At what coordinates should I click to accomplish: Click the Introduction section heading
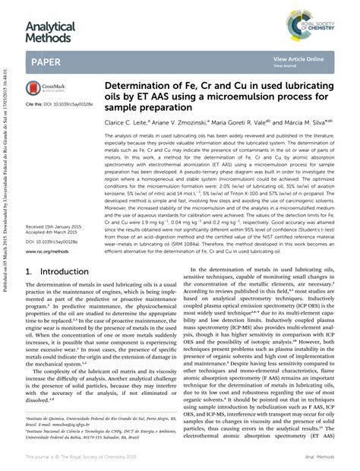click(x=57, y=271)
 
